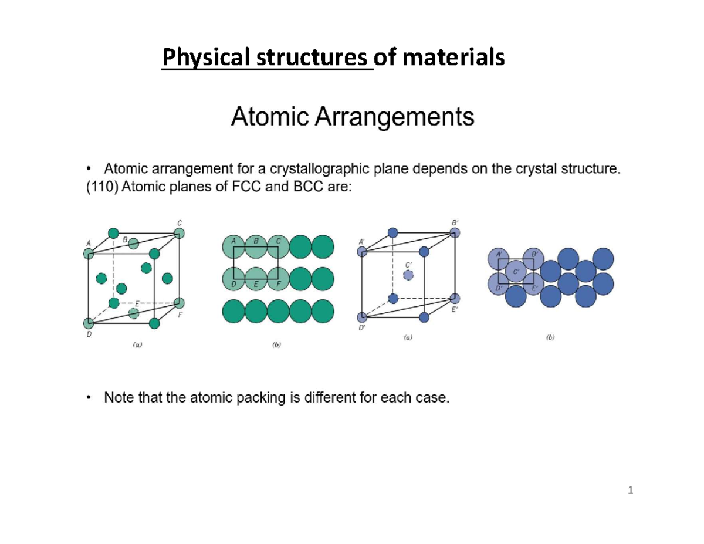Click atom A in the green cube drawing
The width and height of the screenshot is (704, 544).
click(x=89, y=254)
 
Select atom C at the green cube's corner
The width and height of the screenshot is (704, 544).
click(x=179, y=233)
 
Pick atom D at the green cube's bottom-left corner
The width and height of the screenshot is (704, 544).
click(x=89, y=323)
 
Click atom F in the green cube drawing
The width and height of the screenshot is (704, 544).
click(x=179, y=303)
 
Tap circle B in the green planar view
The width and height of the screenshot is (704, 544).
click(x=255, y=246)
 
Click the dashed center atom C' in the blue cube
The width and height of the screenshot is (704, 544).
click(x=409, y=275)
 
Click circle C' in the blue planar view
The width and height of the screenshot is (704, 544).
click(x=516, y=271)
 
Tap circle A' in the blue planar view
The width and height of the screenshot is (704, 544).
click(x=499, y=258)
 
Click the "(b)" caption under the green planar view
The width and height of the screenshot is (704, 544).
click(x=276, y=346)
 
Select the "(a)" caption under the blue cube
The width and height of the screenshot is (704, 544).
click(x=407, y=338)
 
